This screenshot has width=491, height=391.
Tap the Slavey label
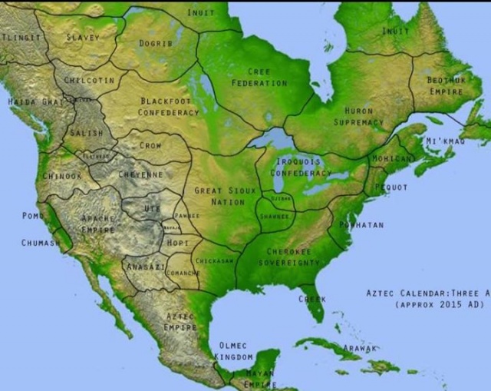[x=82, y=37]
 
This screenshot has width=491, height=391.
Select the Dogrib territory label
[x=153, y=44]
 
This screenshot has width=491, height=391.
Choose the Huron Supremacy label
[x=358, y=116]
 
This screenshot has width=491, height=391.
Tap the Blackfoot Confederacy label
[x=168, y=106]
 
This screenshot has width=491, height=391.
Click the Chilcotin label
[x=90, y=80]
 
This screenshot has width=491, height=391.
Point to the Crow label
[x=150, y=145]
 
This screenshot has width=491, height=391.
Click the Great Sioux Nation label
[x=219, y=196]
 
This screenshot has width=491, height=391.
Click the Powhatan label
[x=361, y=225]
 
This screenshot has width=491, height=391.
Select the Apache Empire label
[x=98, y=223]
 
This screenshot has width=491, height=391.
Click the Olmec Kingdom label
[x=235, y=351]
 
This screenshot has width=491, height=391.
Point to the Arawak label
[x=360, y=348]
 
